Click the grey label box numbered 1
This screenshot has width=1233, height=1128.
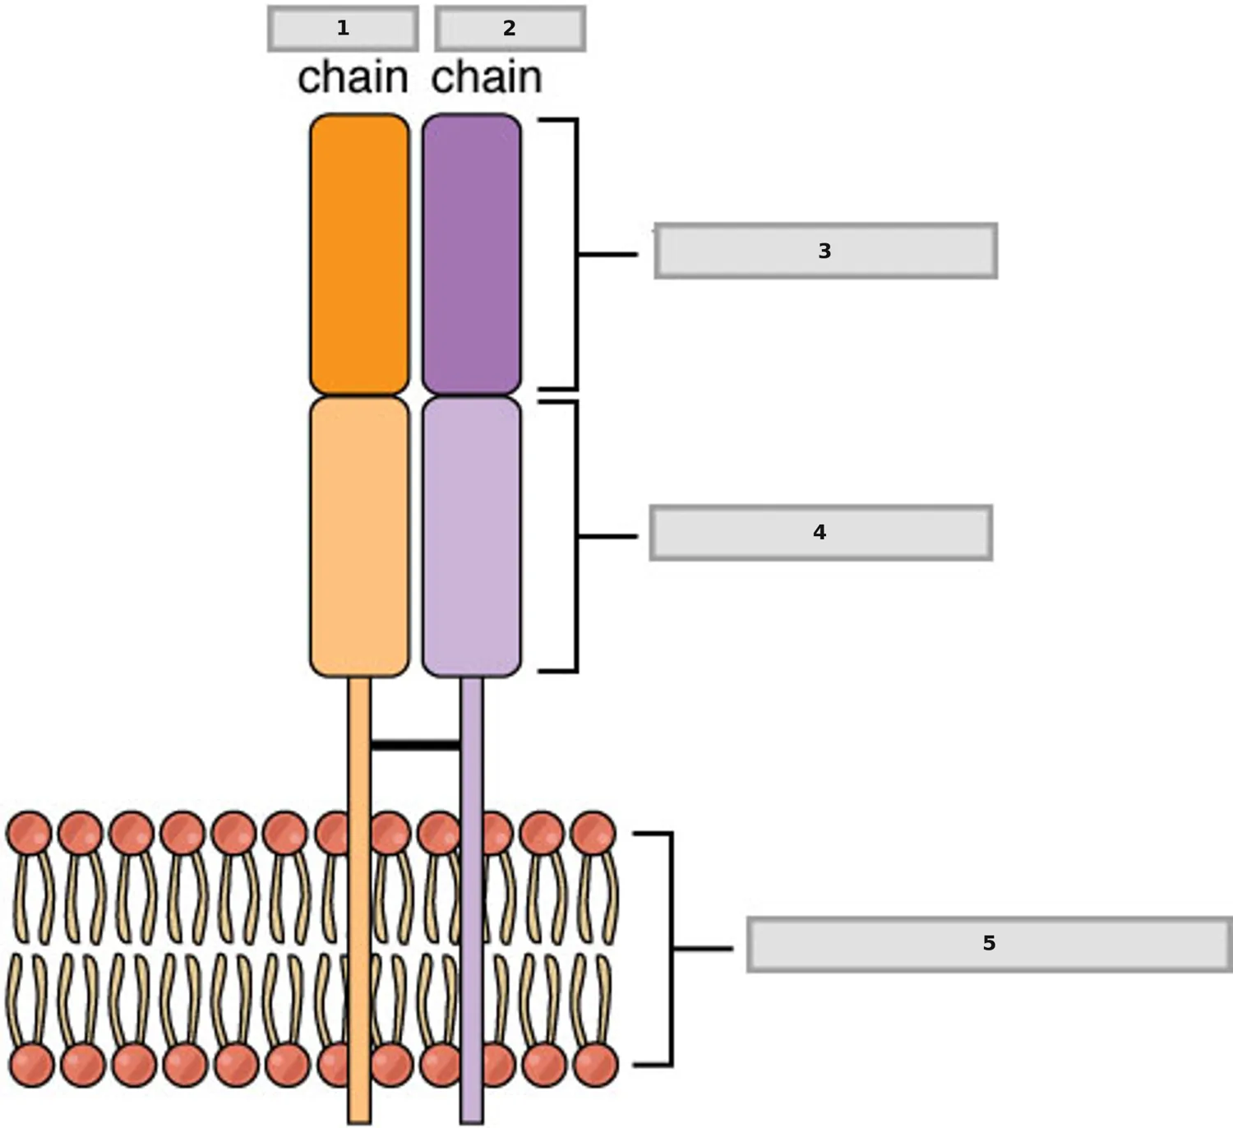pyautogui.click(x=343, y=29)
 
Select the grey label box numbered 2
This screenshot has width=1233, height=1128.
pyautogui.click(x=510, y=29)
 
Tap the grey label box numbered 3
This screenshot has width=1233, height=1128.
pyautogui.click(x=825, y=251)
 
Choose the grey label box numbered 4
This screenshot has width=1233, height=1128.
pyautogui.click(x=820, y=533)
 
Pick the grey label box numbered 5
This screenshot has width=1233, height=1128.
pyautogui.click(x=990, y=944)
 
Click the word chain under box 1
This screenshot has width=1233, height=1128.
pyautogui.click(x=353, y=77)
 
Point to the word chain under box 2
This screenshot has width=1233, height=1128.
pyautogui.click(x=487, y=77)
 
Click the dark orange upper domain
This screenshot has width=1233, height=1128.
pyautogui.click(x=359, y=254)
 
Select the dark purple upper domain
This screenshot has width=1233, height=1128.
pyautogui.click(x=472, y=254)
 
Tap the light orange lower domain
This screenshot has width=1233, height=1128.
pyautogui.click(x=359, y=537)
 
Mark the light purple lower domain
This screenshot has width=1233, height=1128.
pyautogui.click(x=472, y=537)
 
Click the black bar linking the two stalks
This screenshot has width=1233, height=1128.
pyautogui.click(x=416, y=746)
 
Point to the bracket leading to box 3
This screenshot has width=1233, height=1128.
pyautogui.click(x=577, y=254)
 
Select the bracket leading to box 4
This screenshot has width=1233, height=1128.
pyautogui.click(x=577, y=537)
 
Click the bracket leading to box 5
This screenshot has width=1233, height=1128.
pyautogui.click(x=672, y=949)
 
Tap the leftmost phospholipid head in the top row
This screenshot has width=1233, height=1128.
pyautogui.click(x=29, y=833)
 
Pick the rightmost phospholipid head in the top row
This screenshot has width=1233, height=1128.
pyautogui.click(x=593, y=833)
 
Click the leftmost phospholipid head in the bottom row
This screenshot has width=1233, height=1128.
pyautogui.click(x=32, y=1065)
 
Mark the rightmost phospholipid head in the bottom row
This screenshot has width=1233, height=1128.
pyautogui.click(x=595, y=1065)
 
